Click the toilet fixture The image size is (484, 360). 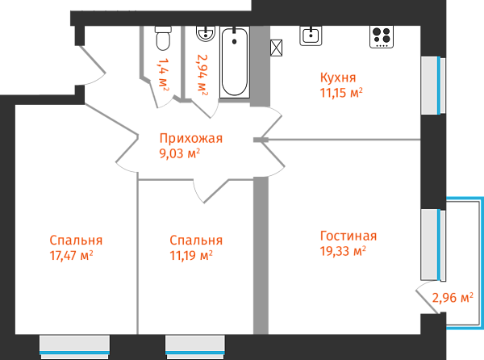pos(163,38)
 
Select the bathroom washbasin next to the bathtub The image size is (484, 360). pos(204,33)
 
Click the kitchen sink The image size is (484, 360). pos(311,36)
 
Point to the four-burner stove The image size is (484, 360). pos(382,36)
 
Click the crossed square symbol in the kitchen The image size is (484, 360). pos(277,48)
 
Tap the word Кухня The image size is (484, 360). pos(337,77)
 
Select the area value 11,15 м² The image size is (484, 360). pos(340,92)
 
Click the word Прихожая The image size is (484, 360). pos(190,138)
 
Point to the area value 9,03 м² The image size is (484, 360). pos(180,153)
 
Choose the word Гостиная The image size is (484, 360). pos(348,236)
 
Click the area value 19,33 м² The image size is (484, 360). pos(343,250)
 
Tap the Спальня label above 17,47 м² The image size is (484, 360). pos(76,241)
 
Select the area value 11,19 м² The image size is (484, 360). pos(191,256)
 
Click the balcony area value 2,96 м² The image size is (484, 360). pos(452,297)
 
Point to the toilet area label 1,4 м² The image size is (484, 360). pos(164,73)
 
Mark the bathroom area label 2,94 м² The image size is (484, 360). pos(202,74)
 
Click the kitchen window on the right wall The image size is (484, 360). pos(433,86)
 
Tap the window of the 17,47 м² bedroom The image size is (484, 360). pos(74,345)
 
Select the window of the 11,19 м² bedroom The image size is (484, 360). pos(194,345)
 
